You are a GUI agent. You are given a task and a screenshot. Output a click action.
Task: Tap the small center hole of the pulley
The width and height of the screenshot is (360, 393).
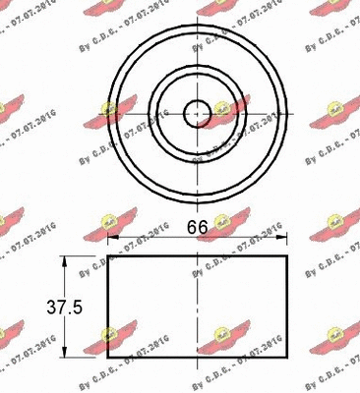(197, 111)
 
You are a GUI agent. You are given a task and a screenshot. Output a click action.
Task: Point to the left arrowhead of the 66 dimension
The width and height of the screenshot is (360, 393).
(111, 237)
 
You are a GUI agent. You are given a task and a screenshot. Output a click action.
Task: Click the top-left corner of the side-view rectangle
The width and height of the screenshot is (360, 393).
(107, 257)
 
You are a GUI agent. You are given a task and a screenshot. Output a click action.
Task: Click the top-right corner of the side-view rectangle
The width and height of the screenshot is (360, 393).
(287, 257)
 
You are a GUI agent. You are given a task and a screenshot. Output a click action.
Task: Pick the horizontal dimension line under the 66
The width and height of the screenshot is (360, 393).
(197, 237)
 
